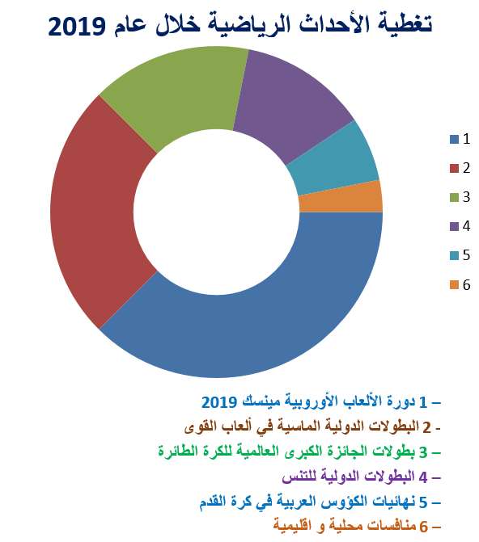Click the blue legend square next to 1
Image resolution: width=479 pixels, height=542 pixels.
click(x=454, y=139)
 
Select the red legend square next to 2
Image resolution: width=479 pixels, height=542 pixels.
click(x=454, y=168)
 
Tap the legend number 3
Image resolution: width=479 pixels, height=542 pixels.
click(x=466, y=197)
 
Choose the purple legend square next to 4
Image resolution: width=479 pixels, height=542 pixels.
click(x=454, y=226)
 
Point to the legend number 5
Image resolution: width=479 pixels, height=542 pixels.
click(x=466, y=255)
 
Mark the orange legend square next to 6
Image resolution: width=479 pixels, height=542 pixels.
click(x=454, y=285)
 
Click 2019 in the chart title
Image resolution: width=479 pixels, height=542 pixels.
click(x=76, y=27)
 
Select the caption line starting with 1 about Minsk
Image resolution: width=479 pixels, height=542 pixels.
click(x=320, y=401)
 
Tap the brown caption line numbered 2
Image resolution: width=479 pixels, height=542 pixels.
click(x=312, y=426)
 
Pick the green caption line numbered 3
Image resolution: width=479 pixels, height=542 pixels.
click(x=299, y=452)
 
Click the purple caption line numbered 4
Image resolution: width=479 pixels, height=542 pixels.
click(x=361, y=477)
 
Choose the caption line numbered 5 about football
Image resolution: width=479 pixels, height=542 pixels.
click(x=320, y=502)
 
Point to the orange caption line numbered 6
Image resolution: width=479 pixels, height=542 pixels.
click(x=357, y=526)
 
